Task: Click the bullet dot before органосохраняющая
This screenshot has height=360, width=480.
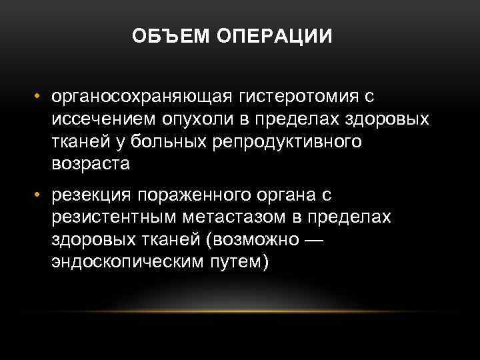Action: pyautogui.click(x=40, y=98)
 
